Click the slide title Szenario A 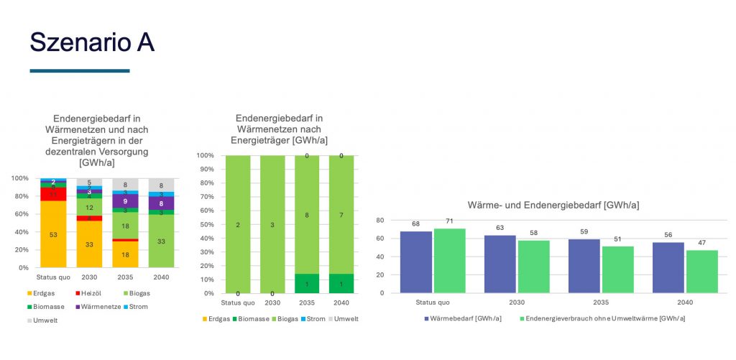pyautogui.click(x=92, y=42)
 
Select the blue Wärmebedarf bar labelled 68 pyautogui.click(x=415, y=262)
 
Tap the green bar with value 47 pyautogui.click(x=702, y=271)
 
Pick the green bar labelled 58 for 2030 pyautogui.click(x=534, y=266)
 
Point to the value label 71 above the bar pyautogui.click(x=450, y=223)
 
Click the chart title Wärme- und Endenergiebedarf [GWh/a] pyautogui.click(x=553, y=205)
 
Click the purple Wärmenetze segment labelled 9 pyautogui.click(x=125, y=201)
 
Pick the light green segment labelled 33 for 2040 pyautogui.click(x=160, y=241)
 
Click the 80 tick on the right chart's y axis pyautogui.click(x=380, y=221)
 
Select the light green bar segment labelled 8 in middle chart pyautogui.click(x=308, y=214)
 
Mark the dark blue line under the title pyautogui.click(x=79, y=71)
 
